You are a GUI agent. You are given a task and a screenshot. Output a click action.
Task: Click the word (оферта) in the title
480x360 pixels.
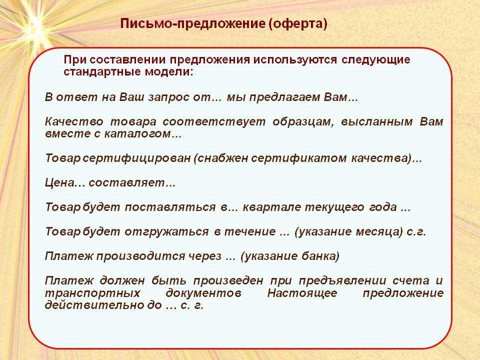point(298,24)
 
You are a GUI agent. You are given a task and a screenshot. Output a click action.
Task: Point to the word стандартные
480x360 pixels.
point(102,72)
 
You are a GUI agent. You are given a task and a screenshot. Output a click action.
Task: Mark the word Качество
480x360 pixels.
point(74,121)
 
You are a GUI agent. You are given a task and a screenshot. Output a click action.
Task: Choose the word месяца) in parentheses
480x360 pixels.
point(379,231)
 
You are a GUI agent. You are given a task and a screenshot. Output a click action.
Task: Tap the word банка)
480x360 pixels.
point(320,256)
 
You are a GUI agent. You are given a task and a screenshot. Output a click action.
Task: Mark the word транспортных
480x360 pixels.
point(93,293)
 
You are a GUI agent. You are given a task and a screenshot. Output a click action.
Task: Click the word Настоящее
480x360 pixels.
point(302,293)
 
